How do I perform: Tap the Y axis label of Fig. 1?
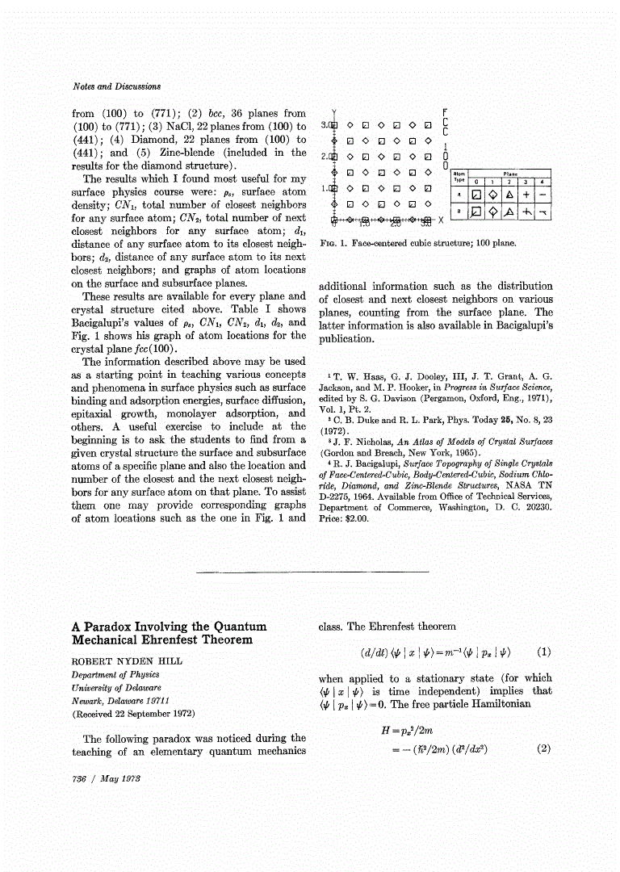point(333,111)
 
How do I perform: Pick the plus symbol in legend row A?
point(526,195)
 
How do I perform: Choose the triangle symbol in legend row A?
point(509,195)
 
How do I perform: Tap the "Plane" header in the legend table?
point(510,173)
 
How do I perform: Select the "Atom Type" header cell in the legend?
point(459,177)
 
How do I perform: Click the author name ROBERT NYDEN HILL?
point(127,660)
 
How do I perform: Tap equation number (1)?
point(543,651)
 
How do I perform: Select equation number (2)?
point(543,748)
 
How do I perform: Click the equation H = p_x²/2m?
point(421,731)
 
